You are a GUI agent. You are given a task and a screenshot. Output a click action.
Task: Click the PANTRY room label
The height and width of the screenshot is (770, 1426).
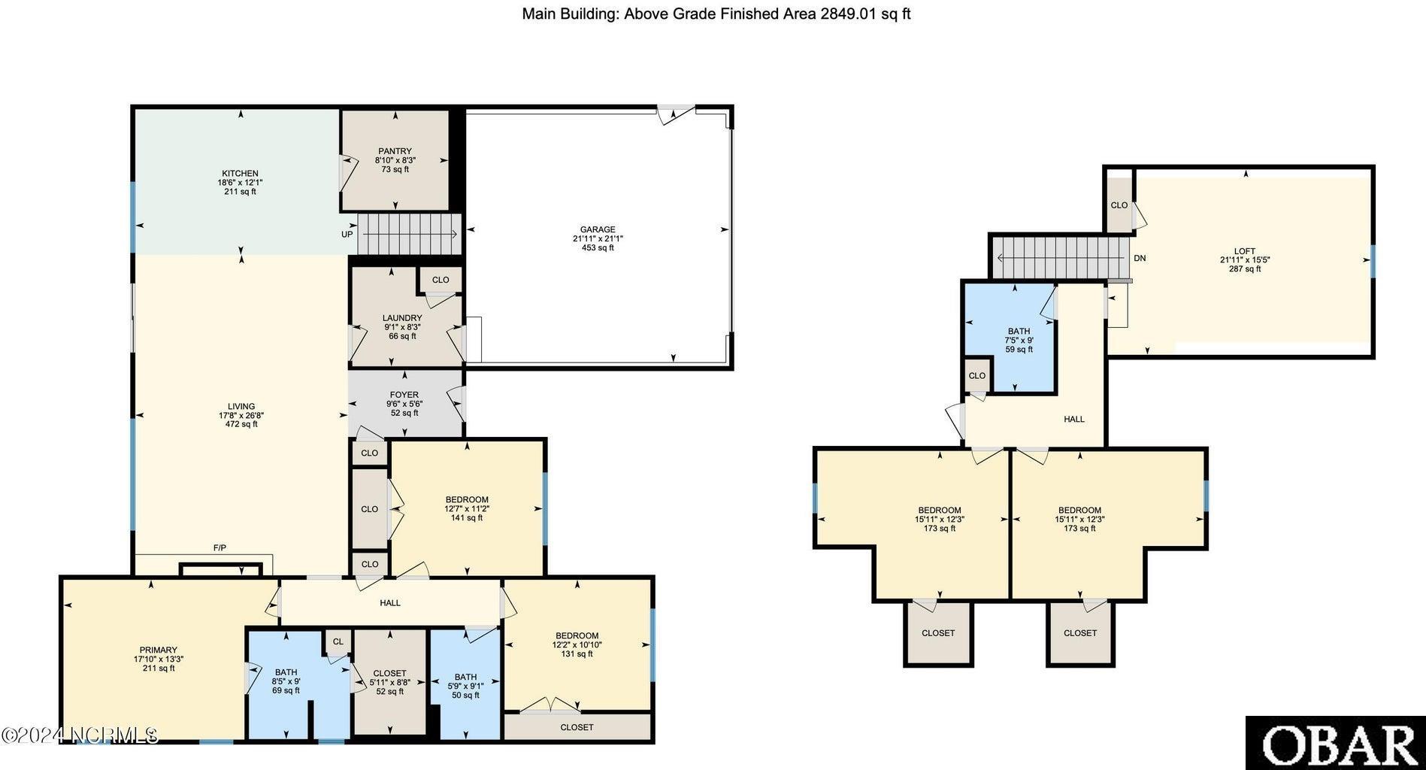[395, 151]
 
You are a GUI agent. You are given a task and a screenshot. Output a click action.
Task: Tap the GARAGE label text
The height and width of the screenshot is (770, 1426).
[598, 229]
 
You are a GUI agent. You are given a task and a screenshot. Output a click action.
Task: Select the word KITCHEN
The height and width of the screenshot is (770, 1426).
[240, 174]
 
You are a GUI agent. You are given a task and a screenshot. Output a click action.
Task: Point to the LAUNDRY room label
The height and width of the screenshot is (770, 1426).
[402, 318]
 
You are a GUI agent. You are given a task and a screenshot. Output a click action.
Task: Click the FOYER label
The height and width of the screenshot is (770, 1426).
[404, 395]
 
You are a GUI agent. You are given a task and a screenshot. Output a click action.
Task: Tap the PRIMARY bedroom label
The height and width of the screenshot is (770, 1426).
[158, 650]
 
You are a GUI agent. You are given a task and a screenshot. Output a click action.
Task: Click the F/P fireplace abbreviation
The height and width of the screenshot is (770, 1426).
[220, 548]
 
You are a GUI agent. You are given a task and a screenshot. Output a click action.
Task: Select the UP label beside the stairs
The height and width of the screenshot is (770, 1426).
[347, 235]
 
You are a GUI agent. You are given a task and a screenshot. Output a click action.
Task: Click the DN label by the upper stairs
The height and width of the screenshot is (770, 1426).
[1140, 258]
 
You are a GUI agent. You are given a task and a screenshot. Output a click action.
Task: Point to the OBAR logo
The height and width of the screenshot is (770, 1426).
[1336, 744]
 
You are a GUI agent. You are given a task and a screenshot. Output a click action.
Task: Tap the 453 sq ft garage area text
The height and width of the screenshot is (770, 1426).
[598, 247]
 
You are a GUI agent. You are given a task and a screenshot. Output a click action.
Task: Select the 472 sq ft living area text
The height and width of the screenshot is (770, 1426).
[241, 424]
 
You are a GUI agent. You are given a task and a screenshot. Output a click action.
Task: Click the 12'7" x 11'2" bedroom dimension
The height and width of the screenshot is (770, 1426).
[467, 508]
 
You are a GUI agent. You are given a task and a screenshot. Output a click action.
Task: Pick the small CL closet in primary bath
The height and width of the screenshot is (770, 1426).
[338, 641]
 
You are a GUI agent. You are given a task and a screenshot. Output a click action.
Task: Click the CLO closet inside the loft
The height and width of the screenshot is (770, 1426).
[1119, 205]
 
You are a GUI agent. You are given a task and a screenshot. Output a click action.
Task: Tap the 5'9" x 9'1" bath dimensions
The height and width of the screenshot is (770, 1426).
[465, 686]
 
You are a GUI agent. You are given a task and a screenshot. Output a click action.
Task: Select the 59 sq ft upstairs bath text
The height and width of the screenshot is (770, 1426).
[1019, 349]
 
